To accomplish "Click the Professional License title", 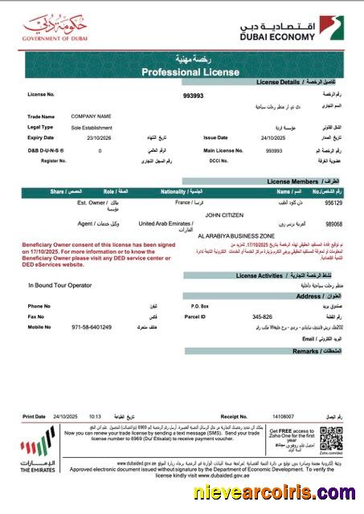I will [182, 71].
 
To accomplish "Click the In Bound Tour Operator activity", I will [60, 285].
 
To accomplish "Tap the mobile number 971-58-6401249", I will [93, 327].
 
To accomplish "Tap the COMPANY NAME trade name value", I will [91, 116].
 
